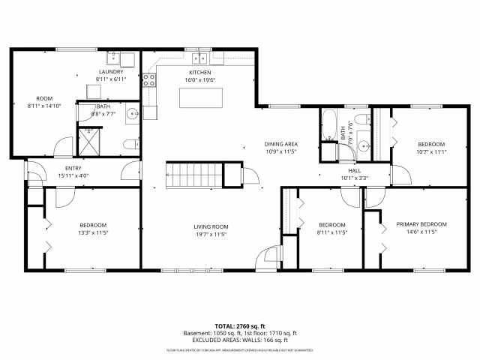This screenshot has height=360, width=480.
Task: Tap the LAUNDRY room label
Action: click(109, 72)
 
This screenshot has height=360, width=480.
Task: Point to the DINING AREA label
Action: click(281, 143)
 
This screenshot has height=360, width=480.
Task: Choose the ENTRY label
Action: click(73, 168)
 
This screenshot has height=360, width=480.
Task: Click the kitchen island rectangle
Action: click(201, 97)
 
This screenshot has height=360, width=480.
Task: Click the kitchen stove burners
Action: click(148, 79)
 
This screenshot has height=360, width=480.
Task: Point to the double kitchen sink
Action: click(199, 58)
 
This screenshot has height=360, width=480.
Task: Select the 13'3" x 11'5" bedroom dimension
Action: click(94, 232)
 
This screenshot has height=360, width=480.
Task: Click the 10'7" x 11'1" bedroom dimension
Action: click(431, 151)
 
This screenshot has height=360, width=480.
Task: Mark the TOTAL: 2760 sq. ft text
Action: click(240, 326)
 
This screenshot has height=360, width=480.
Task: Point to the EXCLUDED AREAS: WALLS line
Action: click(240, 340)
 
